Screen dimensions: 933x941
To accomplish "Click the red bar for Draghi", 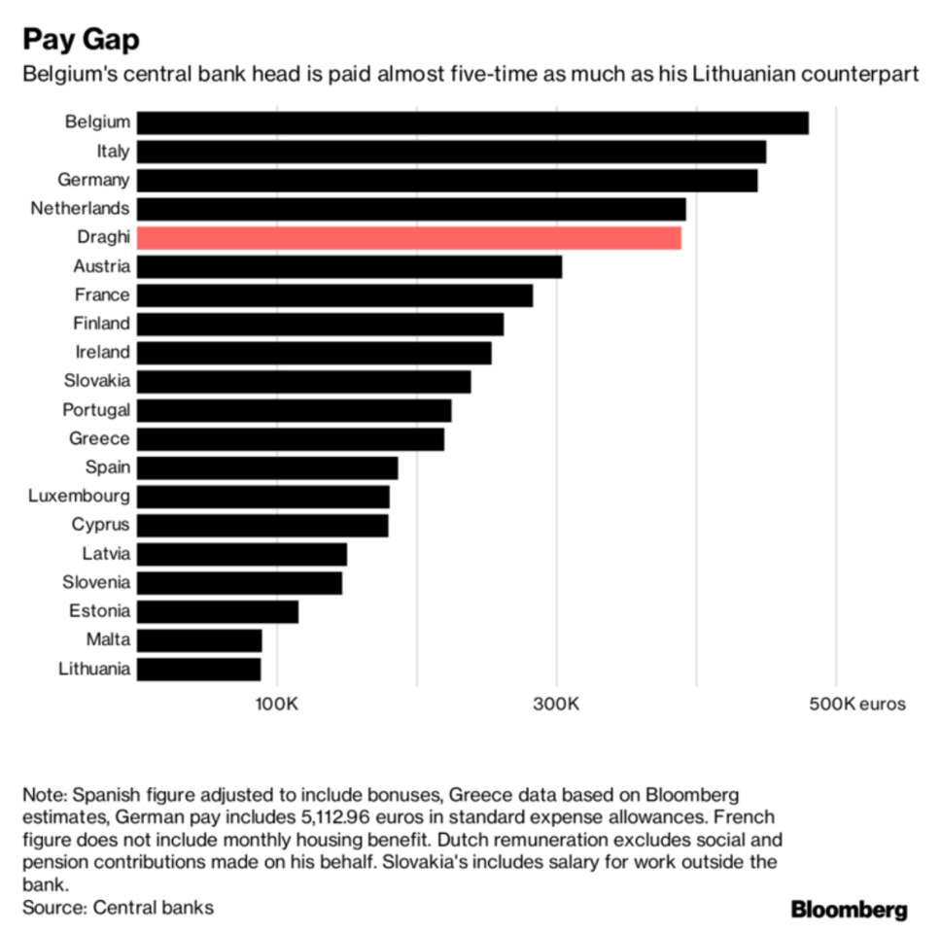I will [x=408, y=238].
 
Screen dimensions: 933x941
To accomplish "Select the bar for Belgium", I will [x=472, y=122].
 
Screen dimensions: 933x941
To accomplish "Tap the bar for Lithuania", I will [x=198, y=669].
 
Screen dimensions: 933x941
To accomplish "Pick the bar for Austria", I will [x=349, y=266].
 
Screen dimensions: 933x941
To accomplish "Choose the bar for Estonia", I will [x=218, y=611].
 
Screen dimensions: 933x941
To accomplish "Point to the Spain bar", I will [x=267, y=467].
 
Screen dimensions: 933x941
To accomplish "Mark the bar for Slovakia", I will [x=303, y=381].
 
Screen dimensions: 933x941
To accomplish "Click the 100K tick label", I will [x=277, y=703].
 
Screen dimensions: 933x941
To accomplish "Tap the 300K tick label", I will [x=556, y=703].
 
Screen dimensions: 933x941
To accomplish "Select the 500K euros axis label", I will [x=856, y=703].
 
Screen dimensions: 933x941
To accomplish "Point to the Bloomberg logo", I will [x=849, y=910].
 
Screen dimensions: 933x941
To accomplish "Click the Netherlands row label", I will [x=80, y=209].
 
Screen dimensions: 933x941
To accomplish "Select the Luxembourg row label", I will [x=79, y=497].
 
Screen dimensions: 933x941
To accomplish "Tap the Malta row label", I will [x=107, y=640].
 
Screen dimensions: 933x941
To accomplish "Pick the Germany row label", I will [x=93, y=180].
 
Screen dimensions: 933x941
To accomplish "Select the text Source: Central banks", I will [x=118, y=908].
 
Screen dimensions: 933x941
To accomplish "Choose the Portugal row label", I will [x=96, y=410].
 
